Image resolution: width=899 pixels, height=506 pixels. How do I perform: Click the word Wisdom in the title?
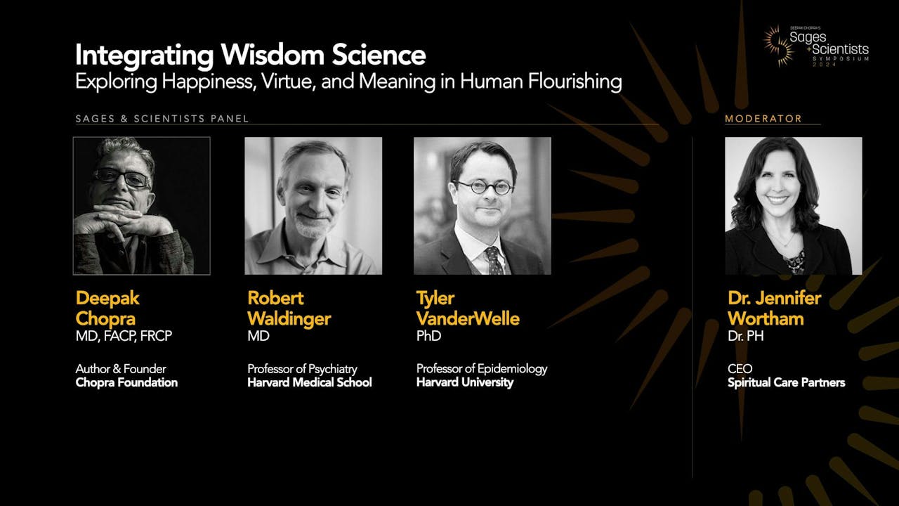tap(272, 55)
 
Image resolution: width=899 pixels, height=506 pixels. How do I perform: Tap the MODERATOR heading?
tap(763, 119)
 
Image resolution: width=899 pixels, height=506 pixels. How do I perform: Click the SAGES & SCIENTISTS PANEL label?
tap(162, 119)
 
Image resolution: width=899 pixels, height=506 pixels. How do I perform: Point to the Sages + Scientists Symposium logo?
tap(816, 46)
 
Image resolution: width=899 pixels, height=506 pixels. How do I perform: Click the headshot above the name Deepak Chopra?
tap(142, 206)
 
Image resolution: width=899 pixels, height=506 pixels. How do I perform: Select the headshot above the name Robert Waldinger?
tap(313, 206)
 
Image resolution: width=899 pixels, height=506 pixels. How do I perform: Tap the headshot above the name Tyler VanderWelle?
tap(483, 206)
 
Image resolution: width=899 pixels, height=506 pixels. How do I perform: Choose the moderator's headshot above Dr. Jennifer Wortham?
tap(794, 206)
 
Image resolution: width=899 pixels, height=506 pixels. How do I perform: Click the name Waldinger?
tap(289, 319)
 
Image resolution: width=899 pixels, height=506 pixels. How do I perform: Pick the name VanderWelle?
tap(468, 319)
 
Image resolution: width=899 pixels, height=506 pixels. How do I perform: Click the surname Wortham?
tap(766, 319)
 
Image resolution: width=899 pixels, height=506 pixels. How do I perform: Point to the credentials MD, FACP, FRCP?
tap(124, 336)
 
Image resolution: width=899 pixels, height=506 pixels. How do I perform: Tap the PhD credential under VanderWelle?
tap(428, 336)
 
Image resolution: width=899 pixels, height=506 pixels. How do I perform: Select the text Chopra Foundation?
tap(126, 382)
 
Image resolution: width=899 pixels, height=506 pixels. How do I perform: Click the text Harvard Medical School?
tap(310, 382)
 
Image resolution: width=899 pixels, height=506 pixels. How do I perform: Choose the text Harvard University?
tap(465, 382)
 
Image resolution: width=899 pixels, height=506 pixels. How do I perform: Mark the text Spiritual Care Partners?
tap(787, 382)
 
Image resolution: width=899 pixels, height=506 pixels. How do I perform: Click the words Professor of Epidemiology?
tap(482, 369)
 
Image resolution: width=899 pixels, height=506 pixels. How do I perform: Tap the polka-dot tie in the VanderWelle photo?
tap(494, 260)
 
